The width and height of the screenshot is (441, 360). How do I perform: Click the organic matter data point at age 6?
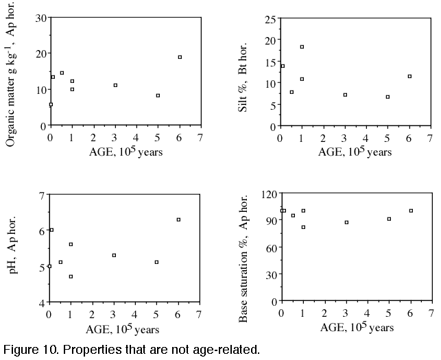(x=180, y=57)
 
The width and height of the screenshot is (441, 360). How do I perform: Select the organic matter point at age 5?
(x=158, y=95)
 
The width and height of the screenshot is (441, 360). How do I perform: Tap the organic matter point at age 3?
(x=115, y=85)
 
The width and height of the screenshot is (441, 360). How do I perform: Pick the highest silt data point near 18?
(x=302, y=47)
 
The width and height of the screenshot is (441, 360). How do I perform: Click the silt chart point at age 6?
(x=409, y=76)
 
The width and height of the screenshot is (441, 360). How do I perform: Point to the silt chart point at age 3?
(x=345, y=95)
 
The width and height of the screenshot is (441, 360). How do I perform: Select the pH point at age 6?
(x=178, y=219)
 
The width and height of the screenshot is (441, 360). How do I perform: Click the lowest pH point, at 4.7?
(x=71, y=276)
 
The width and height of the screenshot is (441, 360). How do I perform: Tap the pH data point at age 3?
(x=114, y=255)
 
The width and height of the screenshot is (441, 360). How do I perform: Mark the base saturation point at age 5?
(x=389, y=219)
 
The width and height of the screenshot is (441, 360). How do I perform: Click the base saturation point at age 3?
(x=346, y=222)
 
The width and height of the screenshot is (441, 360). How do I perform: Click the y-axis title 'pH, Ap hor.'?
(x=12, y=249)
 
